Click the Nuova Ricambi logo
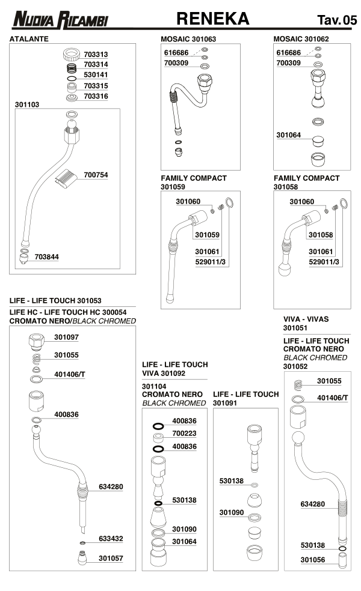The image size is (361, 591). tap(60, 20)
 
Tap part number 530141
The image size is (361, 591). tap(96, 75)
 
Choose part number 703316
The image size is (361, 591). tap(96, 96)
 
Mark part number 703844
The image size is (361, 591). tap(46, 256)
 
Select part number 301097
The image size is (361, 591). tap(66, 338)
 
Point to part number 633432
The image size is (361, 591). tap(111, 539)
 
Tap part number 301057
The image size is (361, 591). tap(111, 558)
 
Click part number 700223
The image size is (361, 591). tap(184, 432)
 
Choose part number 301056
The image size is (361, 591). tap(312, 560)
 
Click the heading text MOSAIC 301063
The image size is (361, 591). tap(188, 38)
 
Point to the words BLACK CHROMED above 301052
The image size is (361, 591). tap(315, 357)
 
